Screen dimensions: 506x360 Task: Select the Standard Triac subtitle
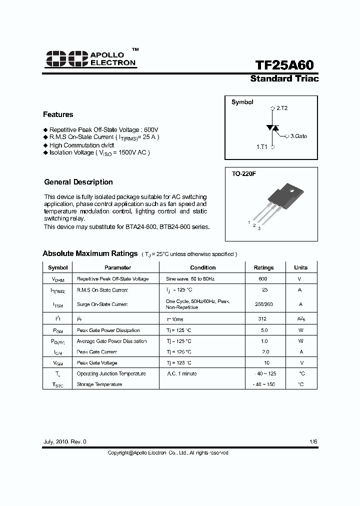(x=284, y=79)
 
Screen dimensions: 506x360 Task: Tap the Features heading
(x=58, y=114)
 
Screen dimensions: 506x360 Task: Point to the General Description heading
(x=78, y=182)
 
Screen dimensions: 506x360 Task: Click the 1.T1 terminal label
(x=262, y=147)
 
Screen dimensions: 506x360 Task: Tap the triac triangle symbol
(x=272, y=128)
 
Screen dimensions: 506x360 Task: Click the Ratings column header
(x=263, y=267)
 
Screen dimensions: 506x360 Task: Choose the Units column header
(x=300, y=267)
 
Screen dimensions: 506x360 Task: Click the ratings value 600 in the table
(x=263, y=279)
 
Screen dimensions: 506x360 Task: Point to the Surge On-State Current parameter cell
(x=102, y=304)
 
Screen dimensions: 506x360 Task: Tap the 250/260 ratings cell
(x=263, y=304)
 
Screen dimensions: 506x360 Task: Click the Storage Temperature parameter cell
(x=99, y=384)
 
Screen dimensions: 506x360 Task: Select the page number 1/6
(x=313, y=442)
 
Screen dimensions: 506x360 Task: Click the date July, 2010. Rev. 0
(x=65, y=442)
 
